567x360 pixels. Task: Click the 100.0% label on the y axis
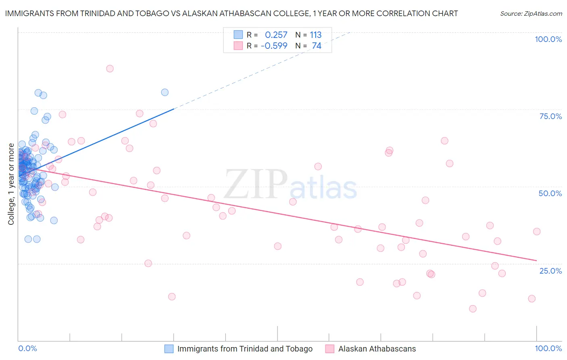coord(548,39)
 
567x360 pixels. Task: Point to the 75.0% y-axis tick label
coord(550,116)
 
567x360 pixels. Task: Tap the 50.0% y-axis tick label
coord(550,193)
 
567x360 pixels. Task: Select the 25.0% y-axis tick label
coord(550,270)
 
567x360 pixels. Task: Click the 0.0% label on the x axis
coord(27,348)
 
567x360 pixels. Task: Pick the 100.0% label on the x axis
coord(548,348)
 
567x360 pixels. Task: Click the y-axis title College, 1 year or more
coord(11,184)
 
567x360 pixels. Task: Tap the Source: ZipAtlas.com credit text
coord(531,13)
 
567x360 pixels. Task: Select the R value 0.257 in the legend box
coord(276,35)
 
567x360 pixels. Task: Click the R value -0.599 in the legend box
coord(274,46)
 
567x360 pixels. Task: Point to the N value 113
coord(315,35)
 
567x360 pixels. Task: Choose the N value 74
coord(317,46)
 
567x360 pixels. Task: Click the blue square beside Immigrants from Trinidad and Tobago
coord(169,349)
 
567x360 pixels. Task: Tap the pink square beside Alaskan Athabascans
coord(330,349)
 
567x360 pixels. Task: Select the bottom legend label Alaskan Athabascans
coord(377,349)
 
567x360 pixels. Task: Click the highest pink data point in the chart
coord(110,69)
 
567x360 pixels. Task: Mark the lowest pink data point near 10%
coord(473,309)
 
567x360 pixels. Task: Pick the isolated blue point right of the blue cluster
coord(165,92)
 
